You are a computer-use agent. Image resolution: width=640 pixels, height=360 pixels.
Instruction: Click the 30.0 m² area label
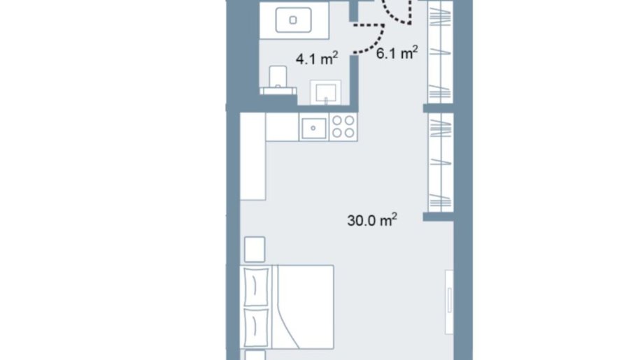[372, 220]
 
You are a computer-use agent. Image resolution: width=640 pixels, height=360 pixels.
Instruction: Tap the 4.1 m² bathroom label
[317, 59]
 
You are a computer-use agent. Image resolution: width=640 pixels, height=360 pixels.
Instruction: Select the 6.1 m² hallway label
[397, 53]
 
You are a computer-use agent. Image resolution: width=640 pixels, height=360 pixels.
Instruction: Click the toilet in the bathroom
[278, 80]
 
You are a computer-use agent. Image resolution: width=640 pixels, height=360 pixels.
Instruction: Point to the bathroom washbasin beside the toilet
[325, 92]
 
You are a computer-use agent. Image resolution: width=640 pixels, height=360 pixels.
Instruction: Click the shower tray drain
[292, 20]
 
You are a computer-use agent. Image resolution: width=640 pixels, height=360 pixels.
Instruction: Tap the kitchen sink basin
[313, 128]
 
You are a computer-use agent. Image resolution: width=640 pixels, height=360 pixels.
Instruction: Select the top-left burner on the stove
[337, 121]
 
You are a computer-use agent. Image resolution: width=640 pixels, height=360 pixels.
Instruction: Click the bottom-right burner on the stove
[350, 133]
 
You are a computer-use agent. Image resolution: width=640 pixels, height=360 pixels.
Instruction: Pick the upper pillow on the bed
[256, 287]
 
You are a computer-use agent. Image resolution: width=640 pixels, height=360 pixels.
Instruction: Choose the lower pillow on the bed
[256, 327]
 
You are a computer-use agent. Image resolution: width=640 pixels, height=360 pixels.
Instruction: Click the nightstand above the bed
[255, 249]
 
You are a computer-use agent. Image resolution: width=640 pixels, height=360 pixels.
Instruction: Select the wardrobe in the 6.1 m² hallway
[440, 52]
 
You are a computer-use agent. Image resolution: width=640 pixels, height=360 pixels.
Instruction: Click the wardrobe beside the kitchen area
[441, 162]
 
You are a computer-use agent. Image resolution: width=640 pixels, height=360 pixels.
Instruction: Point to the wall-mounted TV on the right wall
[449, 302]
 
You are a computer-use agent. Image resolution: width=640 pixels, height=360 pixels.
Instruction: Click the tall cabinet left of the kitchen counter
[253, 156]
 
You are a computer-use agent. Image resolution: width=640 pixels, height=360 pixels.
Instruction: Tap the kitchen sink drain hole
[313, 128]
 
